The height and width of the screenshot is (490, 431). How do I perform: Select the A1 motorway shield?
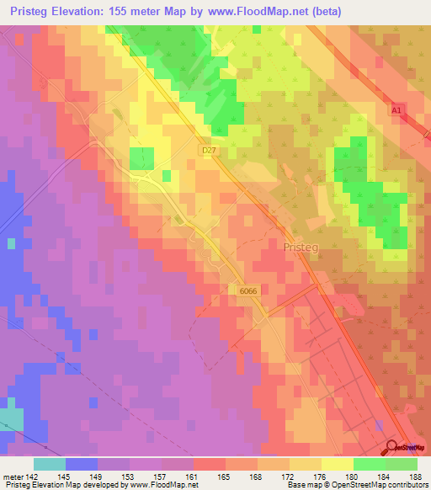coord(398,109)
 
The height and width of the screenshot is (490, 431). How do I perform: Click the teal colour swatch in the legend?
coord(50,463)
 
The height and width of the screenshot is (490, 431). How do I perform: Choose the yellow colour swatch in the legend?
coord(337,463)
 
